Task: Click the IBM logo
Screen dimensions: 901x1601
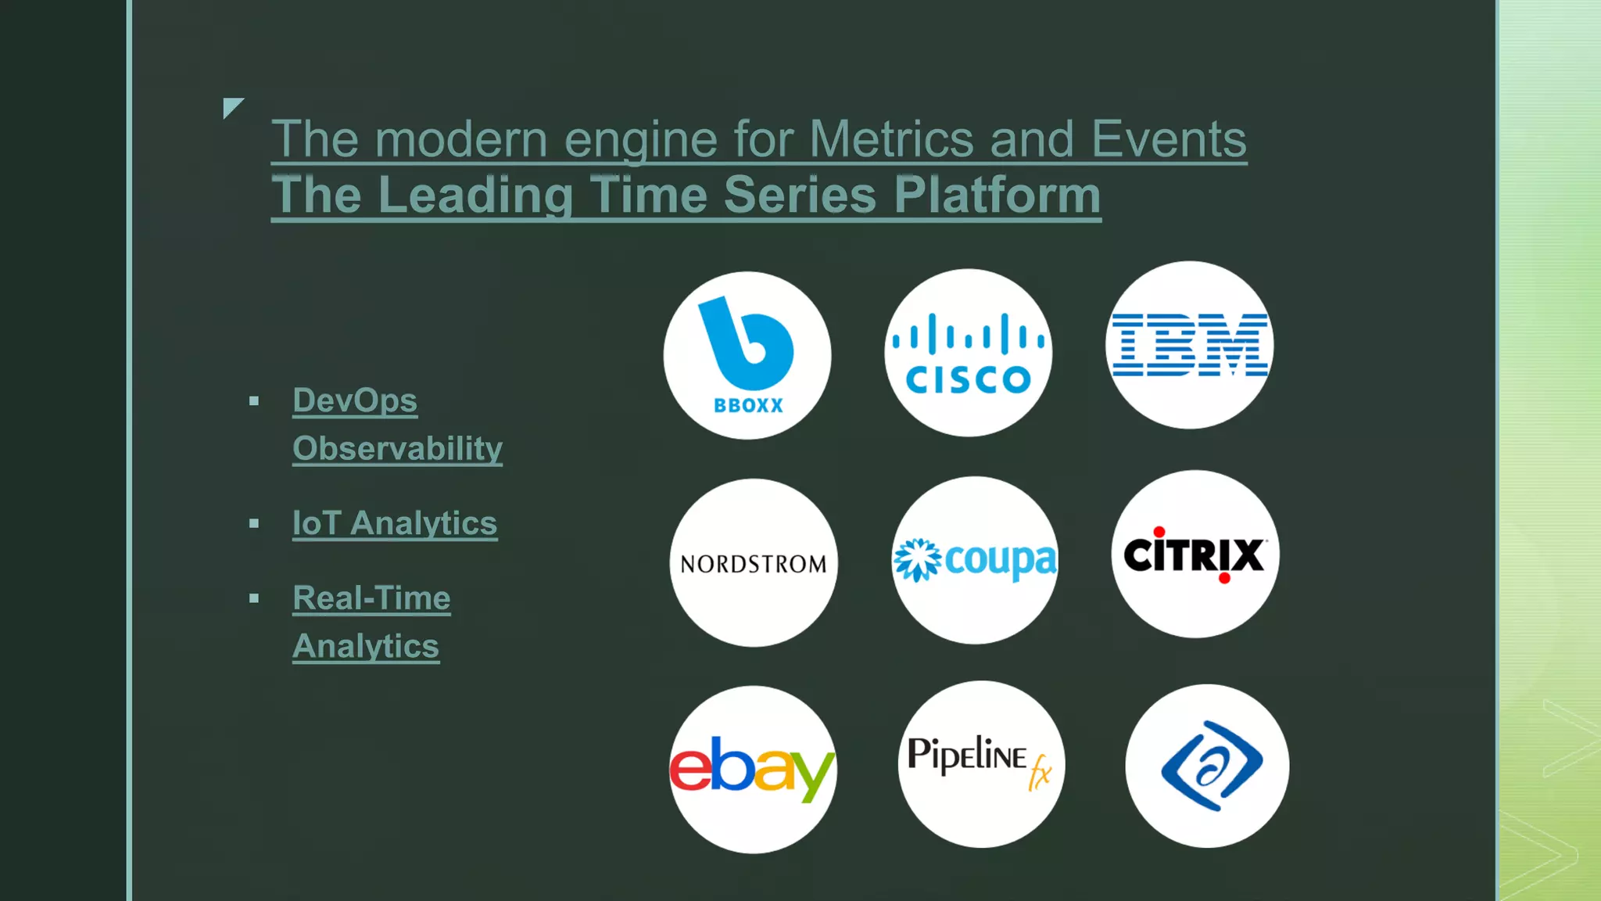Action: tap(1189, 345)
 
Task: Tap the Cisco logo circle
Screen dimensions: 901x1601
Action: tap(968, 354)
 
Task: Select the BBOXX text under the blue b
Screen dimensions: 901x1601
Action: tap(748, 405)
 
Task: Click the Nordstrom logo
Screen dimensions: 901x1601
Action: tap(753, 564)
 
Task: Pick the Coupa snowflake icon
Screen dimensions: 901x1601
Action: tap(917, 560)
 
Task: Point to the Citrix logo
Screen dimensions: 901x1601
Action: tap(1194, 555)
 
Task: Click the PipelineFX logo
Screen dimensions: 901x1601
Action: tap(980, 763)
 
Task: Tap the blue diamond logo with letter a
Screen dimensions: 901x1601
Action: tap(1209, 766)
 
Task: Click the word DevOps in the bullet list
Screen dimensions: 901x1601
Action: tap(355, 400)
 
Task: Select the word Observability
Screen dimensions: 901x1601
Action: tap(397, 449)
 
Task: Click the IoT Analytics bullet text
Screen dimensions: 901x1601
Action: tap(395, 523)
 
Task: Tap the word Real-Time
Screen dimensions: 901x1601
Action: tap(371, 598)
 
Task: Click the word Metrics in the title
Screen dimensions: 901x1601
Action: tap(890, 139)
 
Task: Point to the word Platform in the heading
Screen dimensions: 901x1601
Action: tap(997, 195)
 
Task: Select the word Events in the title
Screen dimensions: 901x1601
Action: tap(1168, 139)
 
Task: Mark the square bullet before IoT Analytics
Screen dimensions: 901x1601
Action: tap(254, 523)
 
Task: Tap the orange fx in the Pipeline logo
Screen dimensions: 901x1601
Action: tap(1040, 772)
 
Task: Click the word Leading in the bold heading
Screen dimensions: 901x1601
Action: tap(475, 195)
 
